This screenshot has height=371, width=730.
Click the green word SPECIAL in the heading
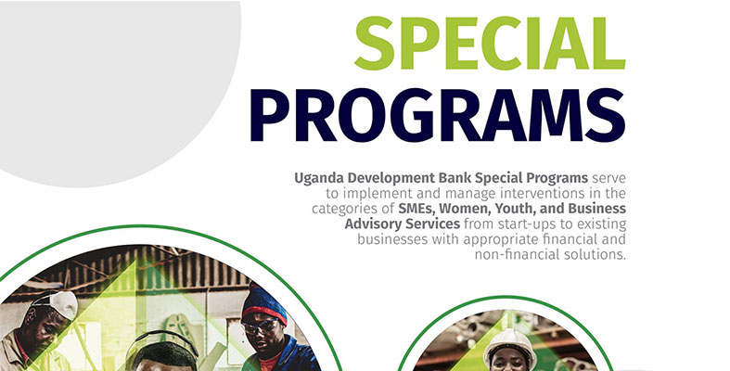[x=491, y=44]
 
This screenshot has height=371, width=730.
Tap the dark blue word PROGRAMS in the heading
[x=438, y=115]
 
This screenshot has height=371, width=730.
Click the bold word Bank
[x=455, y=178]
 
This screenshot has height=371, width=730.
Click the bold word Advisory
[x=373, y=224]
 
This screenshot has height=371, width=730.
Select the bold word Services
[x=432, y=224]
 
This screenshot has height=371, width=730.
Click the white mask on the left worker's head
[x=61, y=304]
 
